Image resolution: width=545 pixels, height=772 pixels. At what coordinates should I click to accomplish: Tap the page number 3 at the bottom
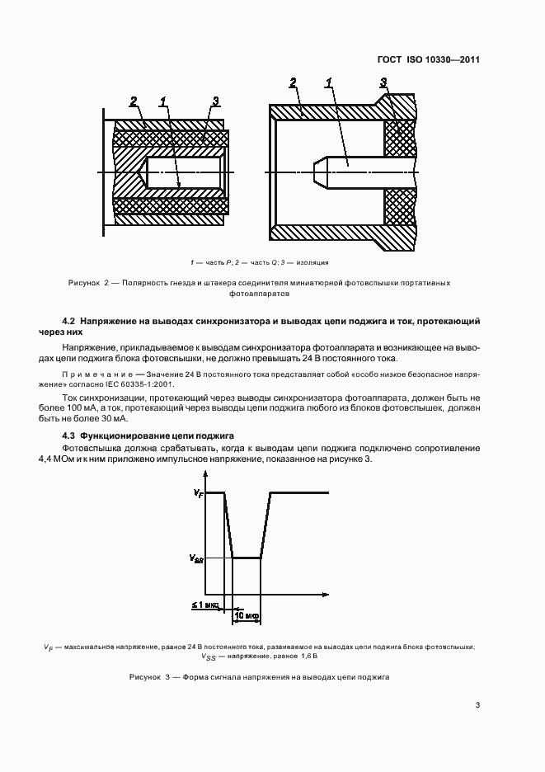coord(477,704)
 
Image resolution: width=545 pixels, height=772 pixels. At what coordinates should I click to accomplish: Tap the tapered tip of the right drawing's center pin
coord(320,172)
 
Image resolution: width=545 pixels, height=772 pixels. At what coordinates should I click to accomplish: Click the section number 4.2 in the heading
coord(69,319)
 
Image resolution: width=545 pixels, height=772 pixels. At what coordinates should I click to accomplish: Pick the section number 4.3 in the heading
coord(69,435)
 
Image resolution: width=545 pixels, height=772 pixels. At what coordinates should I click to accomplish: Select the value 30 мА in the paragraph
coord(115,418)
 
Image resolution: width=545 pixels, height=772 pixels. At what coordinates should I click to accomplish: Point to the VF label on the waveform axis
coord(199,492)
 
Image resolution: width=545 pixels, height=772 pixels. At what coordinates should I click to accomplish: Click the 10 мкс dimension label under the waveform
coord(247,615)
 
